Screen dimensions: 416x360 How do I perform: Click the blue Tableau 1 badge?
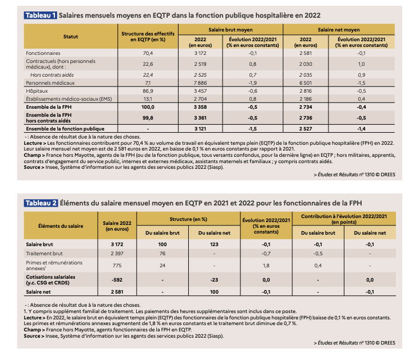pyautogui.click(x=40, y=15)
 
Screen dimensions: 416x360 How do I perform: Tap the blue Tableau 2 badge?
pyautogui.click(x=41, y=203)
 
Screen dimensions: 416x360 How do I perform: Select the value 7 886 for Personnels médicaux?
pyautogui.click(x=200, y=83)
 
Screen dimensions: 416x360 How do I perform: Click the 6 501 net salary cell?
pyautogui.click(x=306, y=83)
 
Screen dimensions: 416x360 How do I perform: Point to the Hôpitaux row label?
pyautogui.click(x=37, y=91)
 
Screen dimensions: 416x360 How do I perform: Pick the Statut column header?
pyautogui.click(x=70, y=37)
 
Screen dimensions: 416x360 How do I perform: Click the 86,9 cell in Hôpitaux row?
pyautogui.click(x=148, y=91)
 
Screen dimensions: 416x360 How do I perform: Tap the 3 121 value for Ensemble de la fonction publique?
pyautogui.click(x=200, y=129)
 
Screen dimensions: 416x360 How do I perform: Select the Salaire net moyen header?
pyautogui.click(x=339, y=30)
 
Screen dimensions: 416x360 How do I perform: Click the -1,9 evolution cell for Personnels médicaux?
pyautogui.click(x=252, y=83)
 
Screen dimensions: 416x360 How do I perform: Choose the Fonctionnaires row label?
pyautogui.click(x=43, y=53)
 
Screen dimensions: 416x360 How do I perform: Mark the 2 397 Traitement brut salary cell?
pyautogui.click(x=117, y=254)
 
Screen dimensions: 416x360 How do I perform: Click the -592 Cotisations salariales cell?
pyautogui.click(x=117, y=280)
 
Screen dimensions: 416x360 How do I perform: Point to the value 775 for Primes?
pyautogui.click(x=117, y=266)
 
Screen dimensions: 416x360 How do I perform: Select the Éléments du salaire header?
pyautogui.click(x=61, y=226)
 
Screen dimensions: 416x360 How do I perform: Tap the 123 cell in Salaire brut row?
pyautogui.click(x=215, y=244)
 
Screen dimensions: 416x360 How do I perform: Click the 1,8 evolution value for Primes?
pyautogui.click(x=266, y=266)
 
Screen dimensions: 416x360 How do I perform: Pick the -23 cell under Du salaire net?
pyautogui.click(x=215, y=280)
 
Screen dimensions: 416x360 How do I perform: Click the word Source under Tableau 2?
pyautogui.click(x=32, y=336)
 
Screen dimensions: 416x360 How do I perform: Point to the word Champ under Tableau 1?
pyautogui.click(x=32, y=155)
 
